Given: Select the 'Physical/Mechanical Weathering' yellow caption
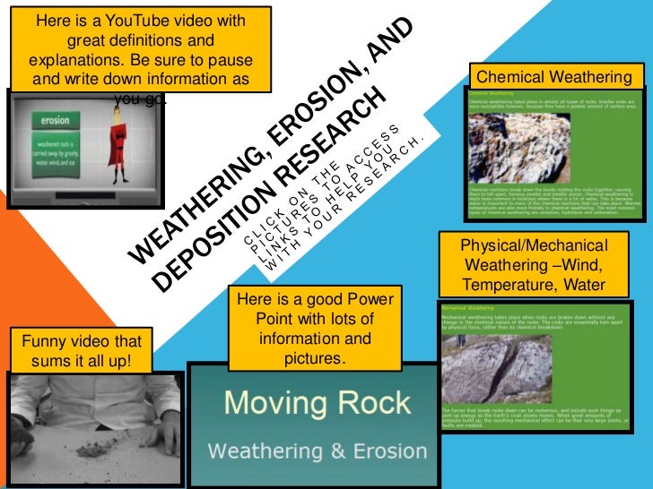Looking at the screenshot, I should [533, 265].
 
